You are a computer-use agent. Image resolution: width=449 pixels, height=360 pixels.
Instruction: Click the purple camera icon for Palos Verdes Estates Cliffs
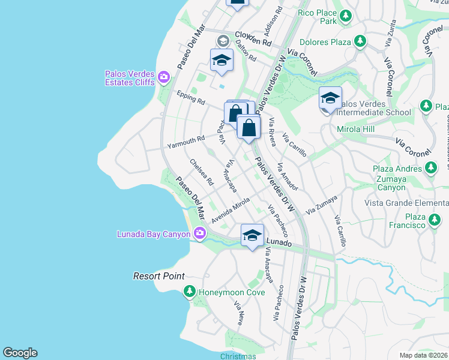(x=164, y=77)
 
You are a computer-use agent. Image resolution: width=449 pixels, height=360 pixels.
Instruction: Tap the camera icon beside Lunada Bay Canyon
(x=199, y=233)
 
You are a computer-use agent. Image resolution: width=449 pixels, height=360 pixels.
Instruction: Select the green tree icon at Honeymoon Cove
(x=189, y=292)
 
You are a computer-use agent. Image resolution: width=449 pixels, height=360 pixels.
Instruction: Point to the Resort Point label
(x=158, y=277)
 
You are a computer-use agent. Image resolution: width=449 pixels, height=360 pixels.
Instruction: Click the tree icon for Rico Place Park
(x=345, y=16)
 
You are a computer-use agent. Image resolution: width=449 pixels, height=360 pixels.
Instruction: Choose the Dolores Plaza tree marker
(x=360, y=41)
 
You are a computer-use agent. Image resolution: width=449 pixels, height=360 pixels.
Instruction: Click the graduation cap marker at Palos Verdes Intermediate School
(x=330, y=98)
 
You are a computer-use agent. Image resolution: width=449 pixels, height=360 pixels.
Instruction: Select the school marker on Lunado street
(x=253, y=235)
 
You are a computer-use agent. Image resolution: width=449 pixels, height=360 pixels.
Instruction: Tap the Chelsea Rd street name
(x=201, y=172)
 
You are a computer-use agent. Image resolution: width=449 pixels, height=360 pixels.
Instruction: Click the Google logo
(x=20, y=353)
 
